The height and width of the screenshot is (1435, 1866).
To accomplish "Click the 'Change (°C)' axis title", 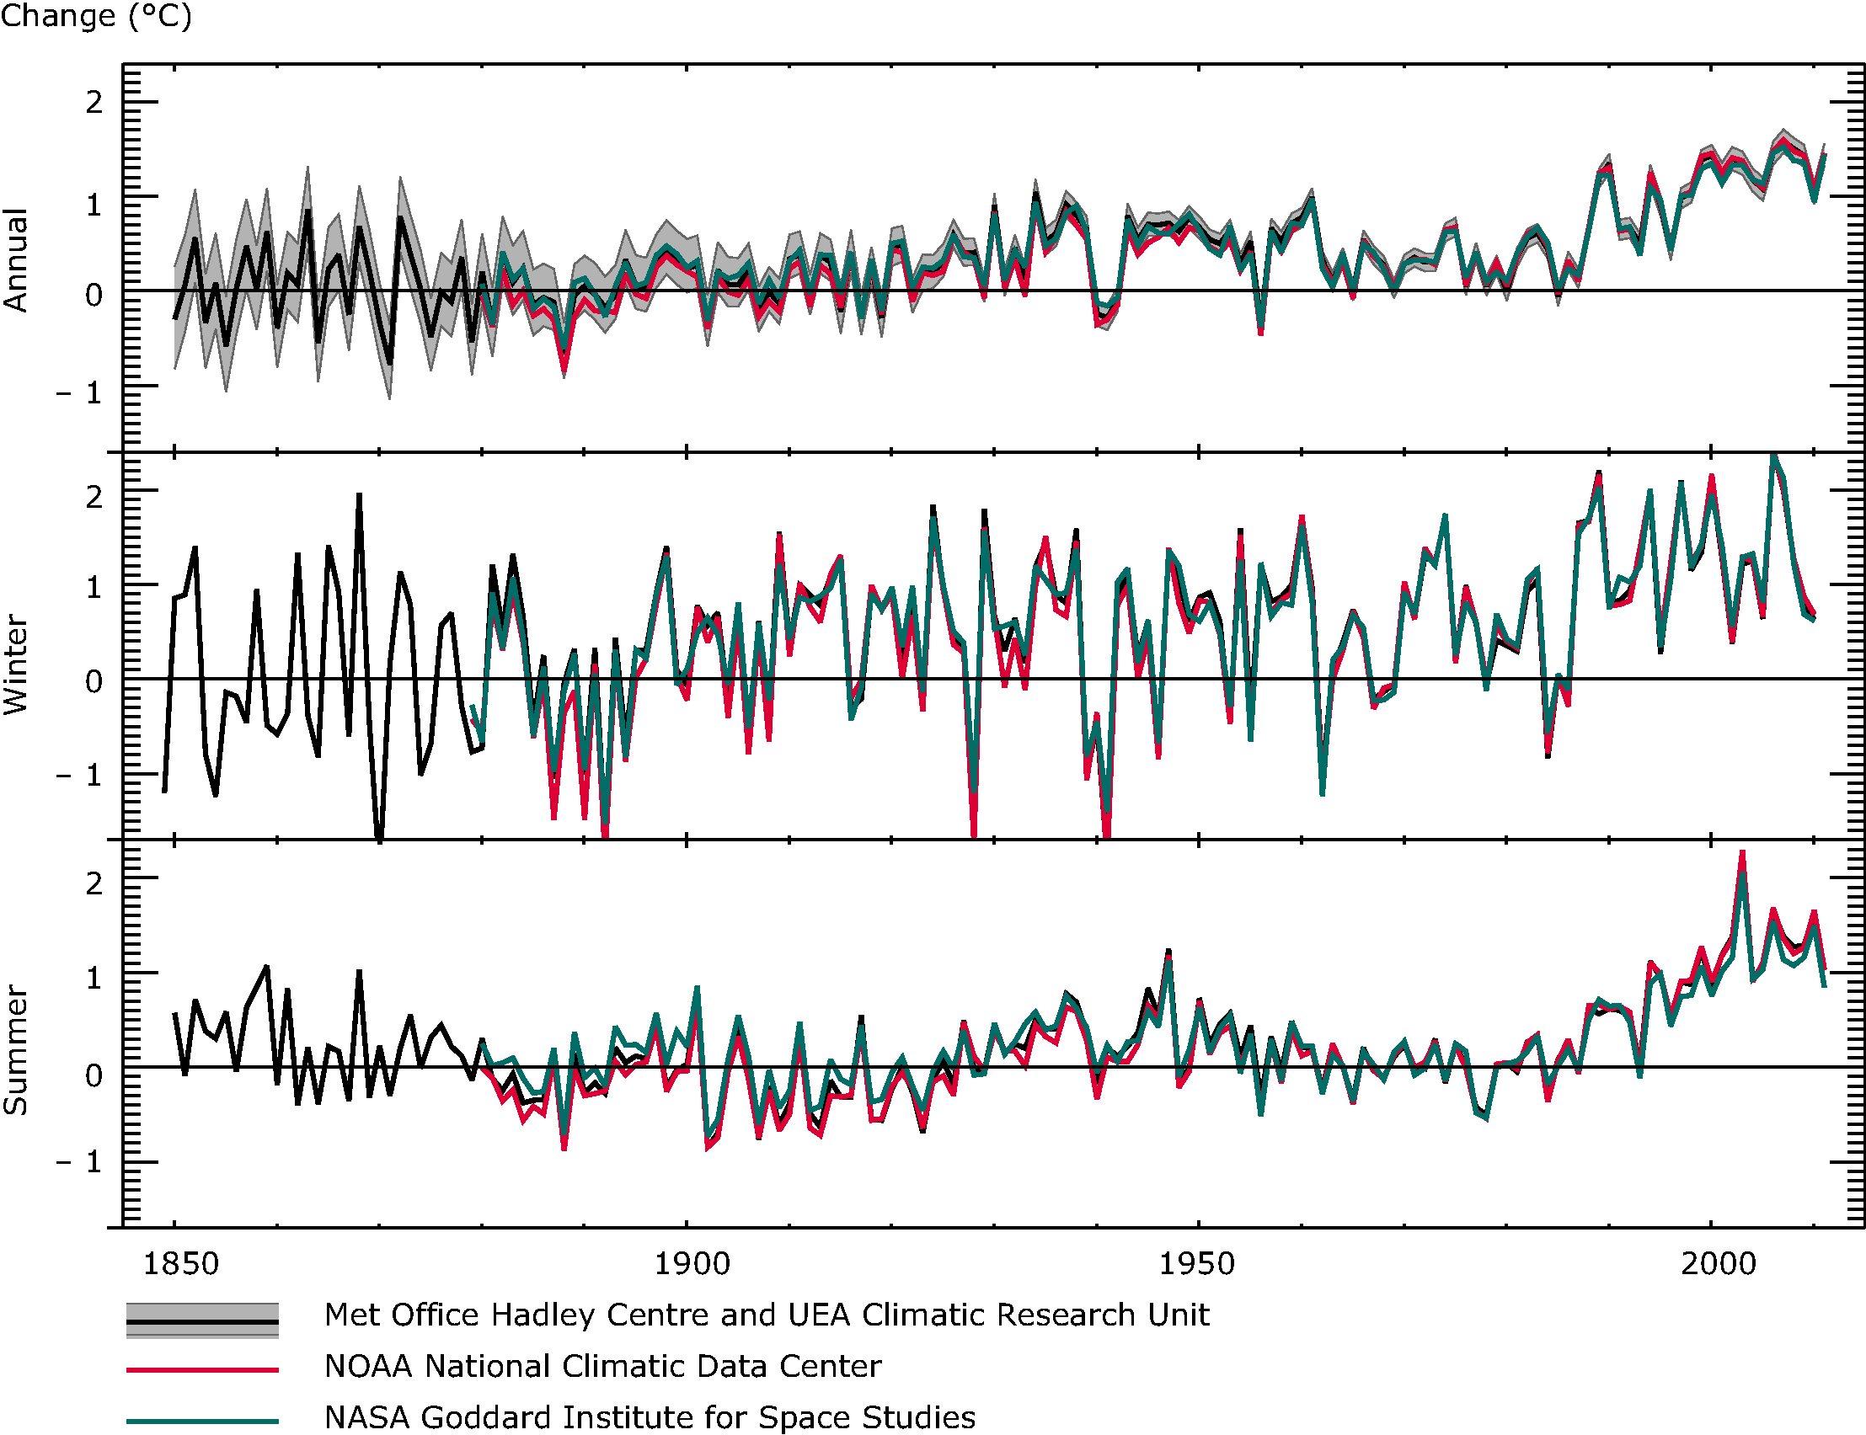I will [96, 15].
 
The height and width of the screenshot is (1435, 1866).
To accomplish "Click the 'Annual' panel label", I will [16, 259].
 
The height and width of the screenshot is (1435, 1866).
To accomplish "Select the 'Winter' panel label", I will [16, 664].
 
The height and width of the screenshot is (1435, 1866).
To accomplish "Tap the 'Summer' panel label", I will [16, 1050].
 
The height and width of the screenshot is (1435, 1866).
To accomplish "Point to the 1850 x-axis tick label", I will [180, 1263].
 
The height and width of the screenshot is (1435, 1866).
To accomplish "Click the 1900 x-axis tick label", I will [691, 1263].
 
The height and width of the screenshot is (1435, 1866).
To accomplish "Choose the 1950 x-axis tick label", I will [1196, 1263].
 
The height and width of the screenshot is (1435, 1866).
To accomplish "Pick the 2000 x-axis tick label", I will [1719, 1263].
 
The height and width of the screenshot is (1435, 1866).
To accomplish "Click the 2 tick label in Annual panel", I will [94, 103].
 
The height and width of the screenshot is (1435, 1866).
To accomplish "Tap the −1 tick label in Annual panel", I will [79, 393].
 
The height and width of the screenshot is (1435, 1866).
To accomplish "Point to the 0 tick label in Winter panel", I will [94, 681].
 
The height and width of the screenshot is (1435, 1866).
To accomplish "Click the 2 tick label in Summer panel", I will [94, 883].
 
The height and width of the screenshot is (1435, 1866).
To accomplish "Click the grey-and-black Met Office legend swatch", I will [202, 1320].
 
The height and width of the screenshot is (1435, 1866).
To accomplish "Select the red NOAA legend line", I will [202, 1370].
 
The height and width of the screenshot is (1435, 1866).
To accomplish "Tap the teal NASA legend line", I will [202, 1422].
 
